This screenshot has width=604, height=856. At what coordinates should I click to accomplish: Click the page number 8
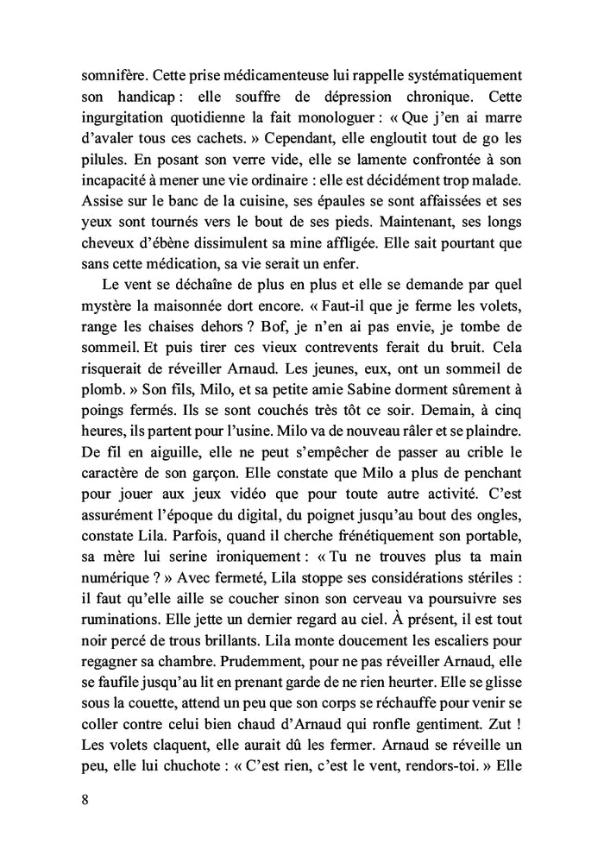coord(83,798)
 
